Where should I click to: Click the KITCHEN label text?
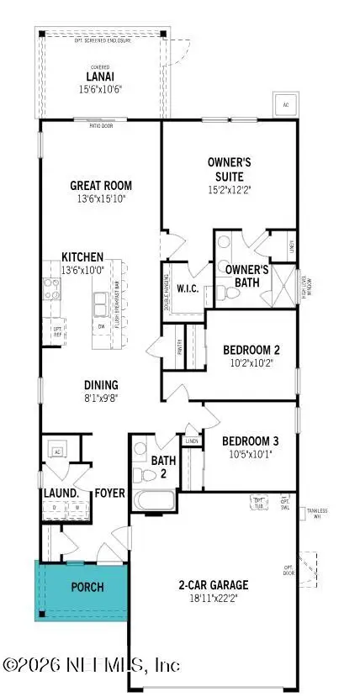click(x=82, y=256)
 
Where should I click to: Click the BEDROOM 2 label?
click(x=251, y=350)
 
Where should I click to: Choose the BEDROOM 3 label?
click(x=251, y=441)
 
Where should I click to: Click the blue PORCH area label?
click(x=87, y=586)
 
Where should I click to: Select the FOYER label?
click(x=109, y=493)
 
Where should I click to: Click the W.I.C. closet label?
click(x=186, y=289)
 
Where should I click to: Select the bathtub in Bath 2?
click(x=154, y=501)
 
